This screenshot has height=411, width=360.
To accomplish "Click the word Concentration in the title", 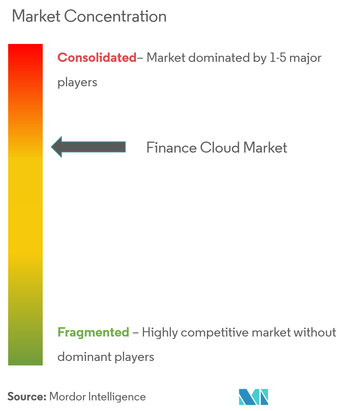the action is [115, 16].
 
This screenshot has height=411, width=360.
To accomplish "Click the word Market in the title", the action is [36, 16].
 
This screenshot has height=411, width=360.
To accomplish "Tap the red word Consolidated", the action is [97, 57].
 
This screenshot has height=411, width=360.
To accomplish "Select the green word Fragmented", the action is [93, 332].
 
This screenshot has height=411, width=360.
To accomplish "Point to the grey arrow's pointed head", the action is [51, 147].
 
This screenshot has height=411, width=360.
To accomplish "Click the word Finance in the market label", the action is [171, 147].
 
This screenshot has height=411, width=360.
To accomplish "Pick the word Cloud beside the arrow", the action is [220, 147].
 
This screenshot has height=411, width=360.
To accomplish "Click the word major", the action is [305, 58].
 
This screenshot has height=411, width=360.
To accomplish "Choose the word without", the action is [315, 332].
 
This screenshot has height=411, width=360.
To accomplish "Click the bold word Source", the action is [27, 397].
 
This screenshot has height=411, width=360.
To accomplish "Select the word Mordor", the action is [67, 397].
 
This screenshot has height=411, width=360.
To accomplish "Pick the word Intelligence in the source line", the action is [117, 397].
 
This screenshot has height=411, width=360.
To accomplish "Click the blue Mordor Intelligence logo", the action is [253, 397].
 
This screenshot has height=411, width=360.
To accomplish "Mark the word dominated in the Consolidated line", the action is [219, 58].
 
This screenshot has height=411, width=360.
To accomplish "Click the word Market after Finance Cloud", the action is [265, 147].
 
